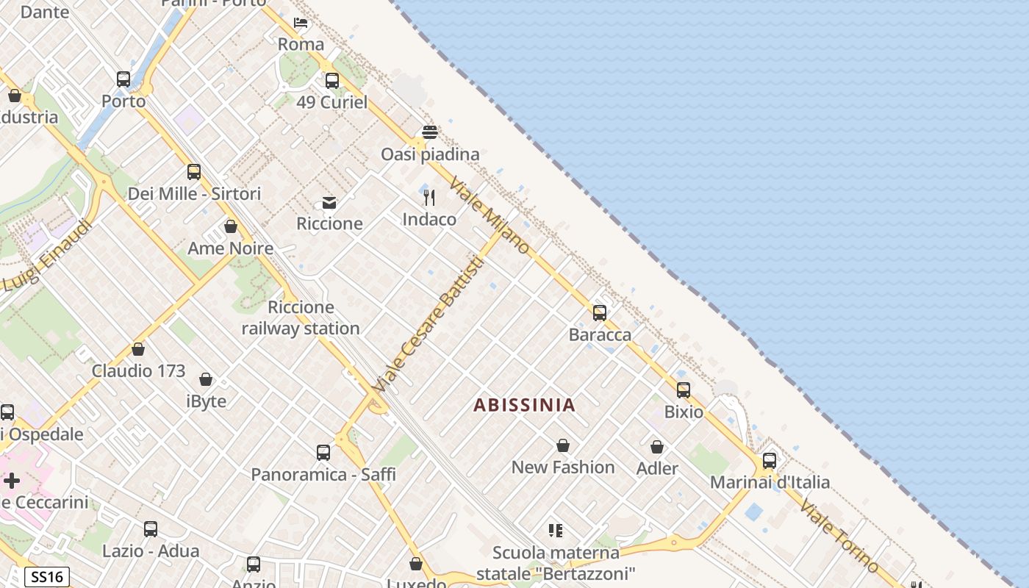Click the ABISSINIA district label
[x=524, y=405]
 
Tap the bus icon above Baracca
[x=600, y=313]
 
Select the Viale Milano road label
[x=490, y=215]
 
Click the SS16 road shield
[x=47, y=577]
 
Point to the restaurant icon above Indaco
[x=429, y=198]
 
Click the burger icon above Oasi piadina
[x=430, y=132]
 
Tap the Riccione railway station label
[x=301, y=318]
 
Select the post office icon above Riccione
[x=329, y=203]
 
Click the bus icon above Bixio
[x=684, y=390]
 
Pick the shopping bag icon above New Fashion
[x=563, y=445]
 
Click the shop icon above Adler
[x=657, y=447]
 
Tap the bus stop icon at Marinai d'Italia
[x=769, y=461]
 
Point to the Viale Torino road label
[x=839, y=536]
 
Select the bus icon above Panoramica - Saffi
[x=323, y=453]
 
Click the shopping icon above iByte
[x=206, y=380]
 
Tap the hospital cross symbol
[x=12, y=481]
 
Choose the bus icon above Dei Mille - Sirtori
[x=194, y=172]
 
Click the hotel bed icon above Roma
[x=301, y=23]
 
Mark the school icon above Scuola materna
[x=556, y=531]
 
